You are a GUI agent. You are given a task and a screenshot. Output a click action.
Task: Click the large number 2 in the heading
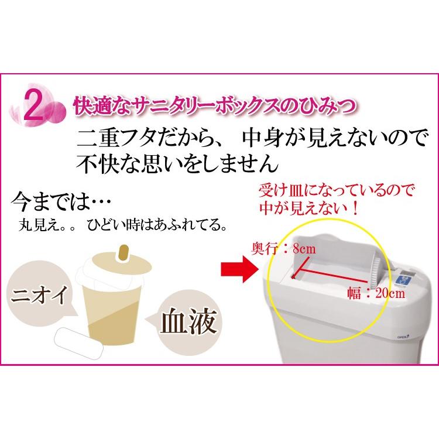(33, 108)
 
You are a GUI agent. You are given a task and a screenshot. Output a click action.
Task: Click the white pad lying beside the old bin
(80, 341)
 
